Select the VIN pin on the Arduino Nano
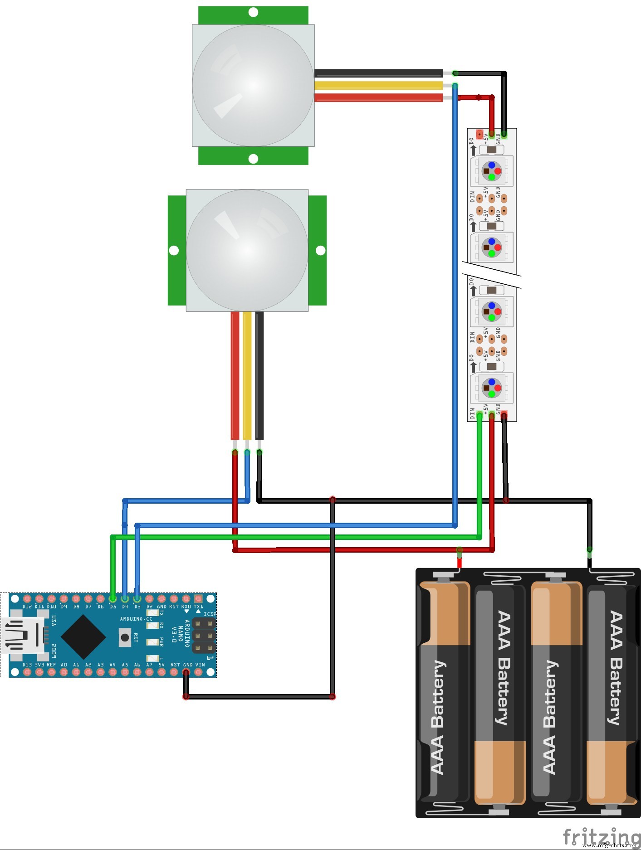(198, 672)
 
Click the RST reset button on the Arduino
(125, 637)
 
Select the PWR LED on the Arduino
(152, 642)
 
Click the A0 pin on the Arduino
(64, 672)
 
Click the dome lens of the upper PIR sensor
(253, 85)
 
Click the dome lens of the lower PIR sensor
(247, 250)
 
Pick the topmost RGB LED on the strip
(492, 171)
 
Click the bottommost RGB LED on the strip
(492, 388)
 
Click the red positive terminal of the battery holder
(459, 563)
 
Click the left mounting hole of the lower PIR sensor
(174, 250)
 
